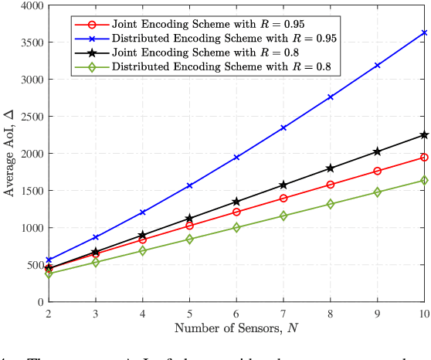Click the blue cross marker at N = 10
tap(424, 32)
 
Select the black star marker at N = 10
tap(424, 134)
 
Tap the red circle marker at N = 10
tap(424, 157)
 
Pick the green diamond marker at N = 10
tap(424, 180)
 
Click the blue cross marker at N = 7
tap(283, 127)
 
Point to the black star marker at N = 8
tap(330, 168)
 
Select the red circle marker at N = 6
tap(236, 212)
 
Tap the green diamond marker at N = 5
tap(188, 239)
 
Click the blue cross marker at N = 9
tap(377, 66)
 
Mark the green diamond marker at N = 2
tap(48, 273)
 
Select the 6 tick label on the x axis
tap(236, 313)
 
